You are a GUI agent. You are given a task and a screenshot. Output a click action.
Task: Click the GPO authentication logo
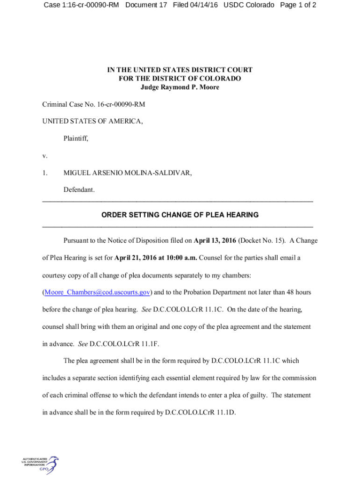point(40,465)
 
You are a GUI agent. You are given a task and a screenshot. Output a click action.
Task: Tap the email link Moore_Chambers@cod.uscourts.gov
point(97,292)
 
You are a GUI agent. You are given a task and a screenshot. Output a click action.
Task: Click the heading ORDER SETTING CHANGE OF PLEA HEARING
point(180,215)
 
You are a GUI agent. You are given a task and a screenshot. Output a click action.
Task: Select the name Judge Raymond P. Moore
point(180,87)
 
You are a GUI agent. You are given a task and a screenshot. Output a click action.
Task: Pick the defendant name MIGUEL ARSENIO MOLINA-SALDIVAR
point(128,173)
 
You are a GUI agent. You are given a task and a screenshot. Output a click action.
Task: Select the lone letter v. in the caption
point(45,156)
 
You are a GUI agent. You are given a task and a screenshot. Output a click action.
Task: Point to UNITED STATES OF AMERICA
point(93,121)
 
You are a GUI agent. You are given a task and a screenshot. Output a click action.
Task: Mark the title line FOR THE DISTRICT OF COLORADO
point(180,79)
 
